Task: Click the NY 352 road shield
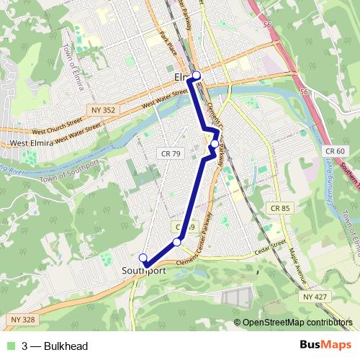click(x=103, y=109)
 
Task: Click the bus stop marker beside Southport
click(x=143, y=258)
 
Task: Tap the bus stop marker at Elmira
click(x=196, y=74)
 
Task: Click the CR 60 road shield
click(x=335, y=150)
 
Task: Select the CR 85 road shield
click(x=281, y=208)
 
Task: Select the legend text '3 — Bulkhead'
click(x=55, y=346)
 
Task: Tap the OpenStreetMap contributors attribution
click(x=297, y=323)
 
